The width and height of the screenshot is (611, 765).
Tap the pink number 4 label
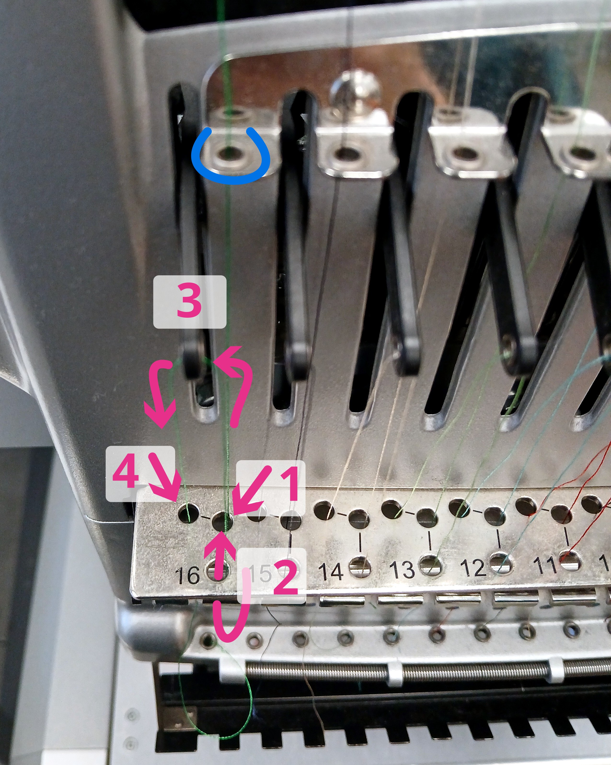click(126, 472)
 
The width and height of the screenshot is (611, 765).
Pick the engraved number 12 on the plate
click(473, 567)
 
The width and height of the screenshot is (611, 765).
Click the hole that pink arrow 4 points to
click(189, 513)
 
